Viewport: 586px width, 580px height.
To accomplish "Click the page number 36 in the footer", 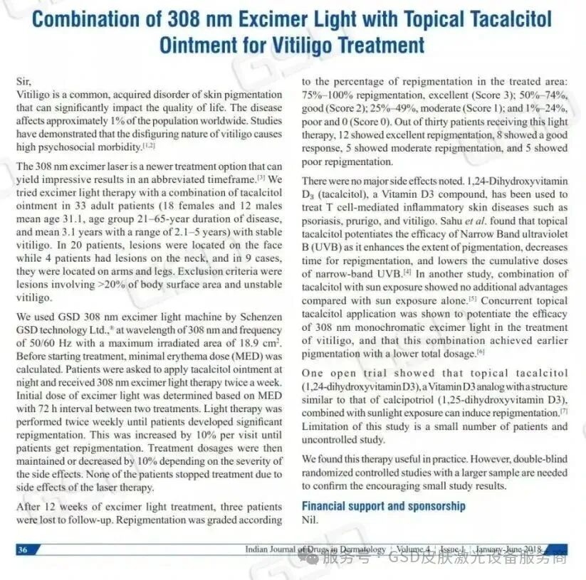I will click(23, 549).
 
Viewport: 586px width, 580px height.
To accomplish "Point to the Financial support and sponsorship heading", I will click(384, 506).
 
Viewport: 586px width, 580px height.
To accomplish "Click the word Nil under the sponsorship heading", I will click(310, 519).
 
